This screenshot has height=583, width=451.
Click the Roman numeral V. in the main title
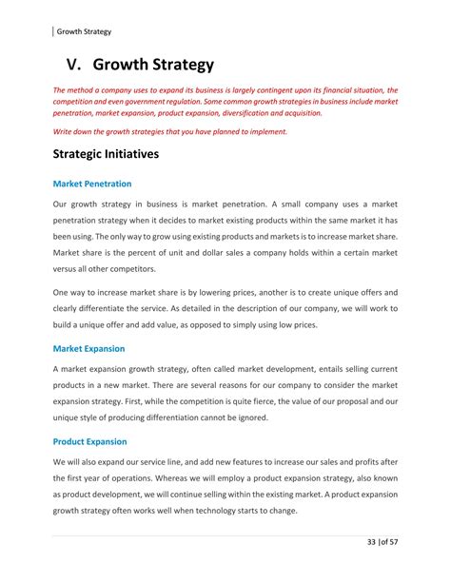79,66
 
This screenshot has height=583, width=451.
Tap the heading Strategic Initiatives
106,153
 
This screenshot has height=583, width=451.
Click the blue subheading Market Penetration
92,183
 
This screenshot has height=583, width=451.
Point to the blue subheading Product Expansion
89,441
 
